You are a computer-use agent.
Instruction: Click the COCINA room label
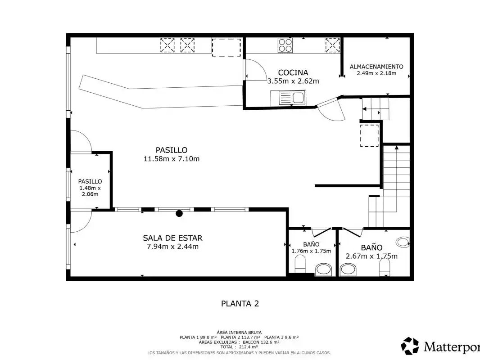pyautogui.click(x=293, y=72)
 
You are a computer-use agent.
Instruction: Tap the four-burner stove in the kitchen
pyautogui.click(x=285, y=45)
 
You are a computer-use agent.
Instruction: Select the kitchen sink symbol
pyautogui.click(x=288, y=98)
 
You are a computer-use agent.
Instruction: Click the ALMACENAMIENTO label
pyautogui.click(x=376, y=66)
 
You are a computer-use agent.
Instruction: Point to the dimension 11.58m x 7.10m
pyautogui.click(x=172, y=159)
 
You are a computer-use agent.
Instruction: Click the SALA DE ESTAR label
pyautogui.click(x=172, y=238)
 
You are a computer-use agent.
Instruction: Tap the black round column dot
pyautogui.click(x=179, y=213)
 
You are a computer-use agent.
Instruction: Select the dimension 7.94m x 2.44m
pyautogui.click(x=172, y=247)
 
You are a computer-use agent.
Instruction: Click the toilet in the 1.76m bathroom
pyautogui.click(x=300, y=263)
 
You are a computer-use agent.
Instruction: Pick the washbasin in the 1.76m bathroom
pyautogui.click(x=324, y=270)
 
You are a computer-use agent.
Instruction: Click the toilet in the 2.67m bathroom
pyautogui.click(x=385, y=267)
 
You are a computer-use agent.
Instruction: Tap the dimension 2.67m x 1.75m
pyautogui.click(x=371, y=256)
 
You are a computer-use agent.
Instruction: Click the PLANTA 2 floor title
pyautogui.click(x=240, y=303)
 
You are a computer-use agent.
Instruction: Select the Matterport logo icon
pyautogui.click(x=410, y=346)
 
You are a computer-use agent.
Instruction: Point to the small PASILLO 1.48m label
pyautogui.click(x=90, y=181)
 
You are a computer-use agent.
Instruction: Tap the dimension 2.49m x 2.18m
pyautogui.click(x=376, y=73)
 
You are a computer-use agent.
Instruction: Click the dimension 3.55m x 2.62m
pyautogui.click(x=293, y=81)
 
